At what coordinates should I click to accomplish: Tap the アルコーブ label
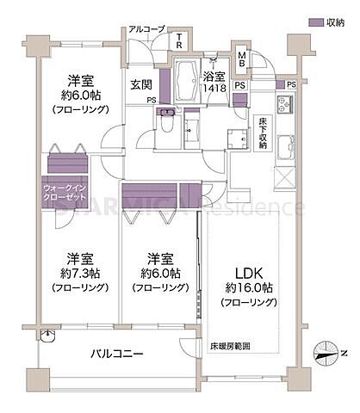coord(146,29)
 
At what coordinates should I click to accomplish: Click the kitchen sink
coord(284,149)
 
